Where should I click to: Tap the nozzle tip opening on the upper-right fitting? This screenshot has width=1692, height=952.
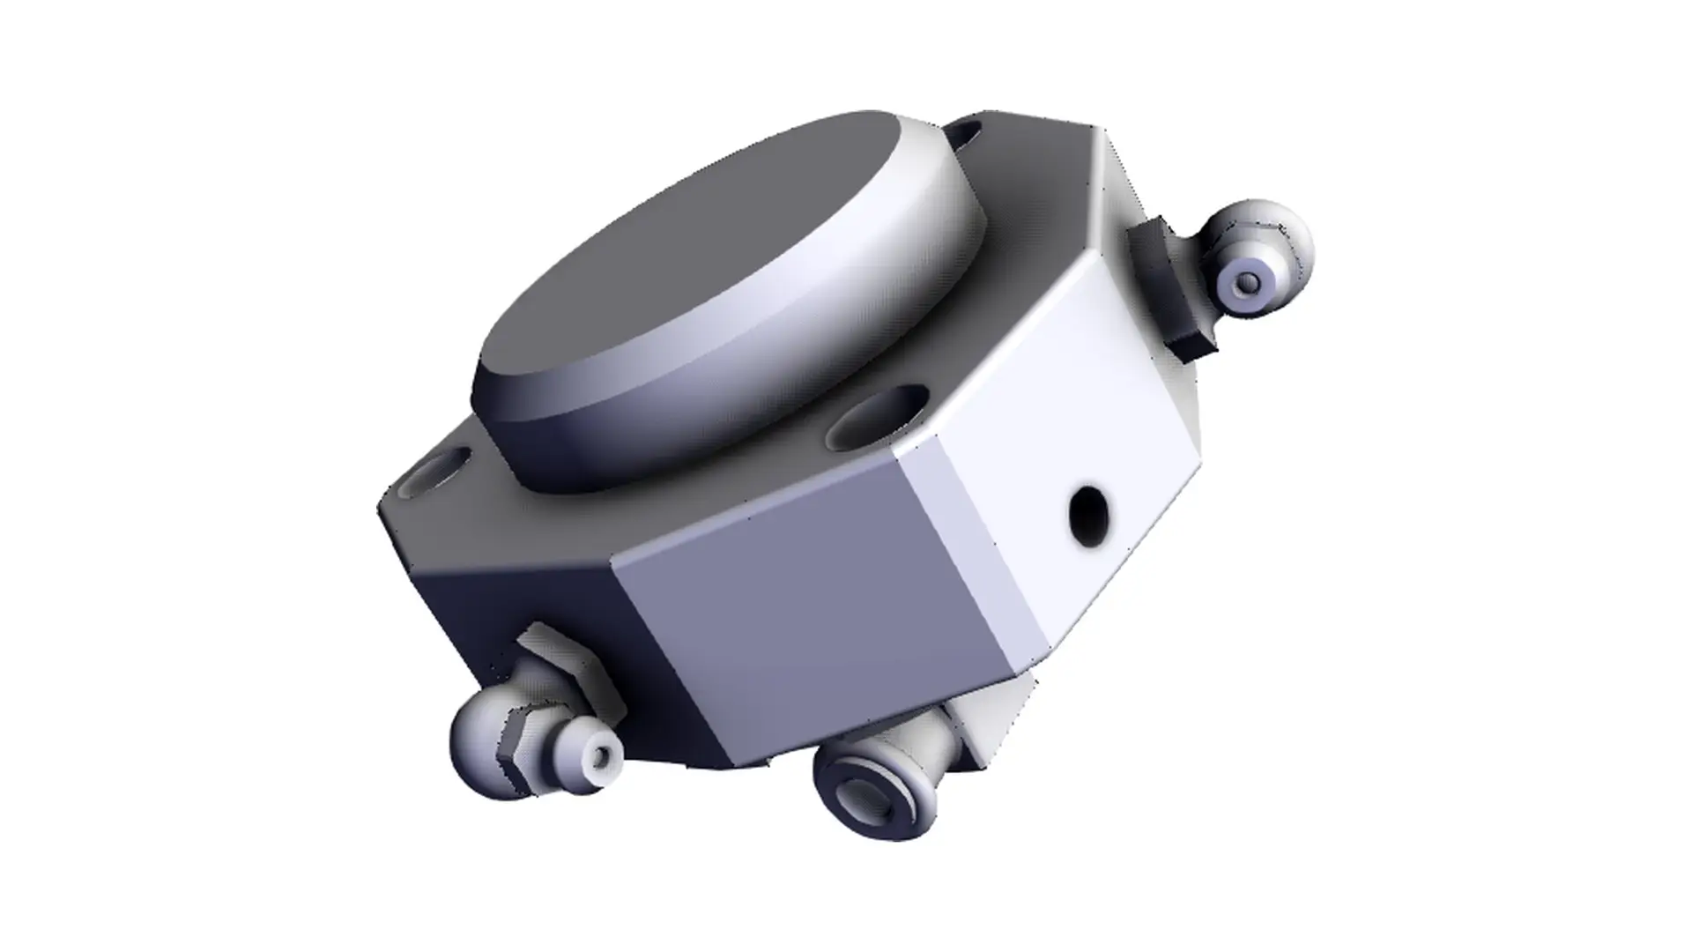point(1248,283)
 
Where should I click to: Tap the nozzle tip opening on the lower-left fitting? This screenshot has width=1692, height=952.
point(602,757)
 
